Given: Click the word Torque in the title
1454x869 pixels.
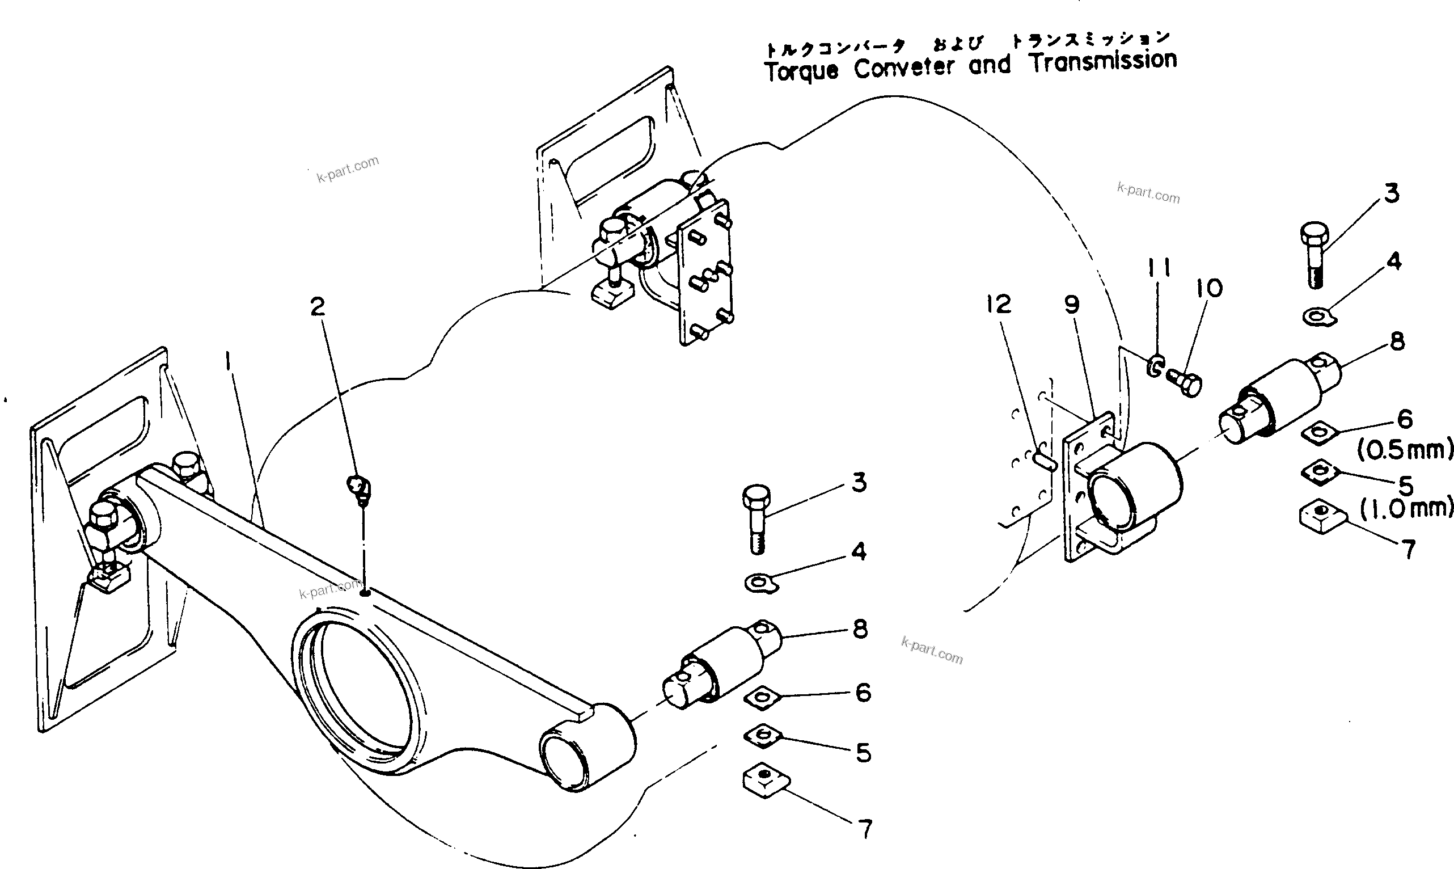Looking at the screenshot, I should (x=801, y=71).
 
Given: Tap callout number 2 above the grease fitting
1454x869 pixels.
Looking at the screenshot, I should (x=317, y=306).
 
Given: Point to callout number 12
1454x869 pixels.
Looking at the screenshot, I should (x=998, y=304).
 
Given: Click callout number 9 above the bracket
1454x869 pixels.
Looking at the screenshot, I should (x=1072, y=305).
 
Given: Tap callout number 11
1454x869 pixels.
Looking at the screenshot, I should (x=1159, y=269).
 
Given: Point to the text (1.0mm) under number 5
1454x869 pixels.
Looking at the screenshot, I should (x=1405, y=508).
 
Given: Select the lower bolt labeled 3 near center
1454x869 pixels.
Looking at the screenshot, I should (x=757, y=517).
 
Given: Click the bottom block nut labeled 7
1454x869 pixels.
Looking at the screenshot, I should (x=765, y=781).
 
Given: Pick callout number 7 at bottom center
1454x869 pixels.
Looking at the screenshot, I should (x=865, y=829).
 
